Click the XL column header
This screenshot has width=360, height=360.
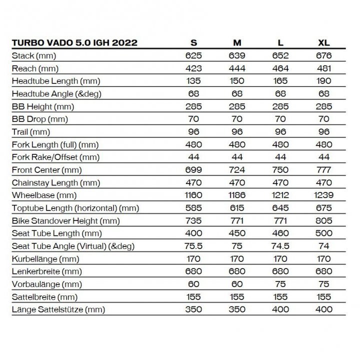(x=323, y=42)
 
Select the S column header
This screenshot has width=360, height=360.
(x=193, y=42)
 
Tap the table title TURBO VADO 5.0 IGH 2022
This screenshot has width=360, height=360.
(x=74, y=42)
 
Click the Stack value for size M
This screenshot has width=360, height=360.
(x=236, y=55)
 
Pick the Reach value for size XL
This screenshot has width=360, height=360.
(x=323, y=68)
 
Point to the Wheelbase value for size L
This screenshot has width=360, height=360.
(x=280, y=195)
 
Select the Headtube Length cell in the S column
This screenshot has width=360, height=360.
(x=193, y=80)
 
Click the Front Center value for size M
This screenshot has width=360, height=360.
(x=236, y=169)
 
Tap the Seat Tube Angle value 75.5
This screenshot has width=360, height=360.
(x=193, y=246)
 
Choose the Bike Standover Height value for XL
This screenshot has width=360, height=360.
(x=323, y=220)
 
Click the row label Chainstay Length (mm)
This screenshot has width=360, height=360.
(x=55, y=182)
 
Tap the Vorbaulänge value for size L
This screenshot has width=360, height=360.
(x=280, y=284)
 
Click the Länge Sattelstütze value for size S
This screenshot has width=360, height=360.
(x=193, y=309)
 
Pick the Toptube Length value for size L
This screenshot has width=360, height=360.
(x=280, y=208)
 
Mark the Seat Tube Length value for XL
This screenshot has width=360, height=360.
(x=323, y=233)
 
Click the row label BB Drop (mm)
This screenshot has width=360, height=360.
(x=39, y=119)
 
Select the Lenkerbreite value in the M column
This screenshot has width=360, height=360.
(x=236, y=271)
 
